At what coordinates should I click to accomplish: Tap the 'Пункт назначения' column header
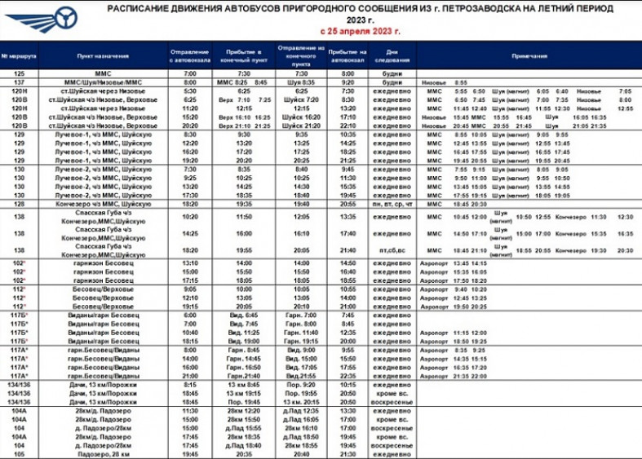pos(103,56)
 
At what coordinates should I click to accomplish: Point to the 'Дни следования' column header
pos(388,56)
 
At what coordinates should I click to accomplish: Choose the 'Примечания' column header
pos(529,56)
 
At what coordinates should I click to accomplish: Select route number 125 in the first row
pos(20,73)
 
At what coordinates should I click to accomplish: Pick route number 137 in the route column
pos(20,82)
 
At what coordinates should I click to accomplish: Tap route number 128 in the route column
pos(20,203)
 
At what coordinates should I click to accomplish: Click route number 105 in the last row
pos(20,454)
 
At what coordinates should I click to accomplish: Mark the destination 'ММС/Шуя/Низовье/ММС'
pos(103,82)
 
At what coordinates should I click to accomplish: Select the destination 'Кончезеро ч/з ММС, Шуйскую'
pos(103,203)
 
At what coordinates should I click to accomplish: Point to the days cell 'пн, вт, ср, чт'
pos(388,203)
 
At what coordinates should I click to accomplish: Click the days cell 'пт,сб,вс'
pos(388,250)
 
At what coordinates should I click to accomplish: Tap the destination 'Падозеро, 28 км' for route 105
pos(103,454)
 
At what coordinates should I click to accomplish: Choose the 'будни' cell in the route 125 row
pos(388,73)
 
